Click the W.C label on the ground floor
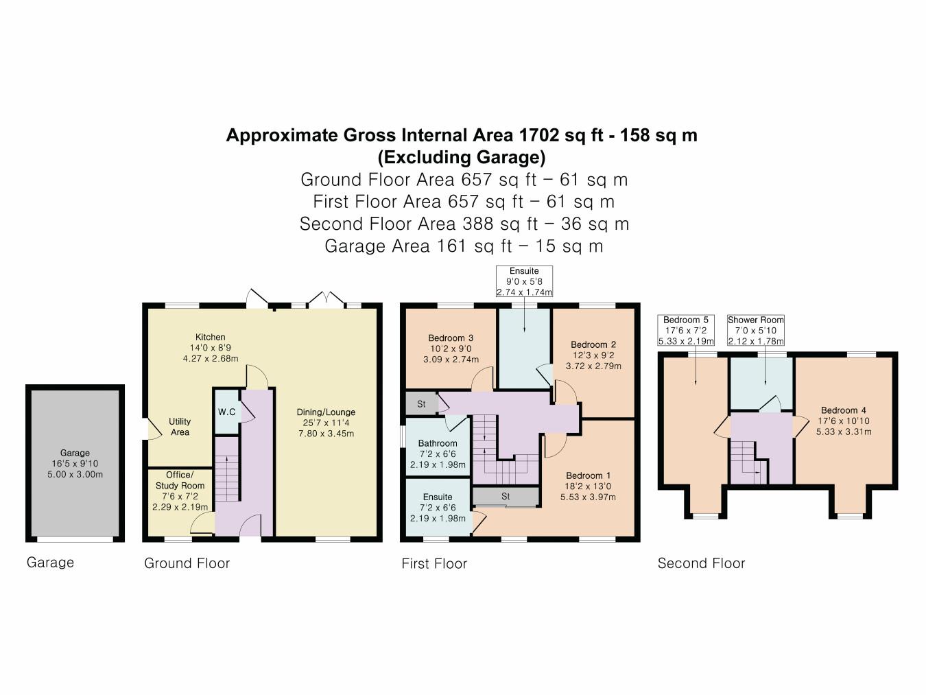click(226, 412)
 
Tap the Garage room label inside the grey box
click(75, 453)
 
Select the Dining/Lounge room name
click(326, 412)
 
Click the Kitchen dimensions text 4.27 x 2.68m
click(211, 358)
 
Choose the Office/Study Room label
click(180, 480)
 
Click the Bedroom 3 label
click(451, 338)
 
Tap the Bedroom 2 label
click(593, 344)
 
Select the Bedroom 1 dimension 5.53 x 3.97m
click(588, 497)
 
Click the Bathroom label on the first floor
click(438, 444)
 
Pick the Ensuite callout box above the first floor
click(524, 281)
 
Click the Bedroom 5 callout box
click(686, 330)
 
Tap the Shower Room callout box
click(755, 330)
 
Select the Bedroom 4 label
click(843, 410)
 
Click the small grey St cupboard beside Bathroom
click(421, 404)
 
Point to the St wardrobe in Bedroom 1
click(506, 497)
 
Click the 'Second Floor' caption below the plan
click(701, 563)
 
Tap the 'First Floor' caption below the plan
click(434, 563)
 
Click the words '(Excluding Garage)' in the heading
click(462, 157)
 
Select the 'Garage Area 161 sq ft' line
click(464, 246)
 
